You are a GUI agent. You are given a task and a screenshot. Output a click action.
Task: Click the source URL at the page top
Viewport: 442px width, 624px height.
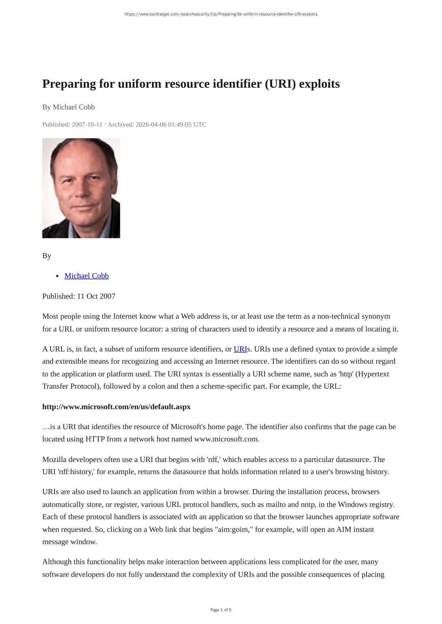coord(221,14)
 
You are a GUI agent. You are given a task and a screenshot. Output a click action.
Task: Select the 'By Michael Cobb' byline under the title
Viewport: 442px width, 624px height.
coord(68,107)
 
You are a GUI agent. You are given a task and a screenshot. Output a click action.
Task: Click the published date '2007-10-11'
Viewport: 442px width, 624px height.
coord(87,124)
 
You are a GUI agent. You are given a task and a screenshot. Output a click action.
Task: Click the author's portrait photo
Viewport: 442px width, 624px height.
coord(81,188)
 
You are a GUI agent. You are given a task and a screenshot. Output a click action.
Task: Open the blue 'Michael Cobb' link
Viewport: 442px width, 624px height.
coord(86,276)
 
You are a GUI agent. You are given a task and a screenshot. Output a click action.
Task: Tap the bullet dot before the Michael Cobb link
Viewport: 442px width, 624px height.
coord(58,276)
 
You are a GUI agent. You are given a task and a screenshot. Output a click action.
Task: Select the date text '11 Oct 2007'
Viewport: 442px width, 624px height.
coord(96,296)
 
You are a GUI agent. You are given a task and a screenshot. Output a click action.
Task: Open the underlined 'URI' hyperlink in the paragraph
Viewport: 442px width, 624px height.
coord(240,349)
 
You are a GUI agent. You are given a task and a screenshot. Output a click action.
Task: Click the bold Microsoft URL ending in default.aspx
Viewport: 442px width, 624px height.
coord(116,407)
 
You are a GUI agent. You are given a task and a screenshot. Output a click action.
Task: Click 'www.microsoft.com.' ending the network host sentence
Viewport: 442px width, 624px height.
coord(227,439)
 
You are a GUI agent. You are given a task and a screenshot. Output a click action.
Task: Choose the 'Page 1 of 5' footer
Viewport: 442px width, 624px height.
coord(221,610)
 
